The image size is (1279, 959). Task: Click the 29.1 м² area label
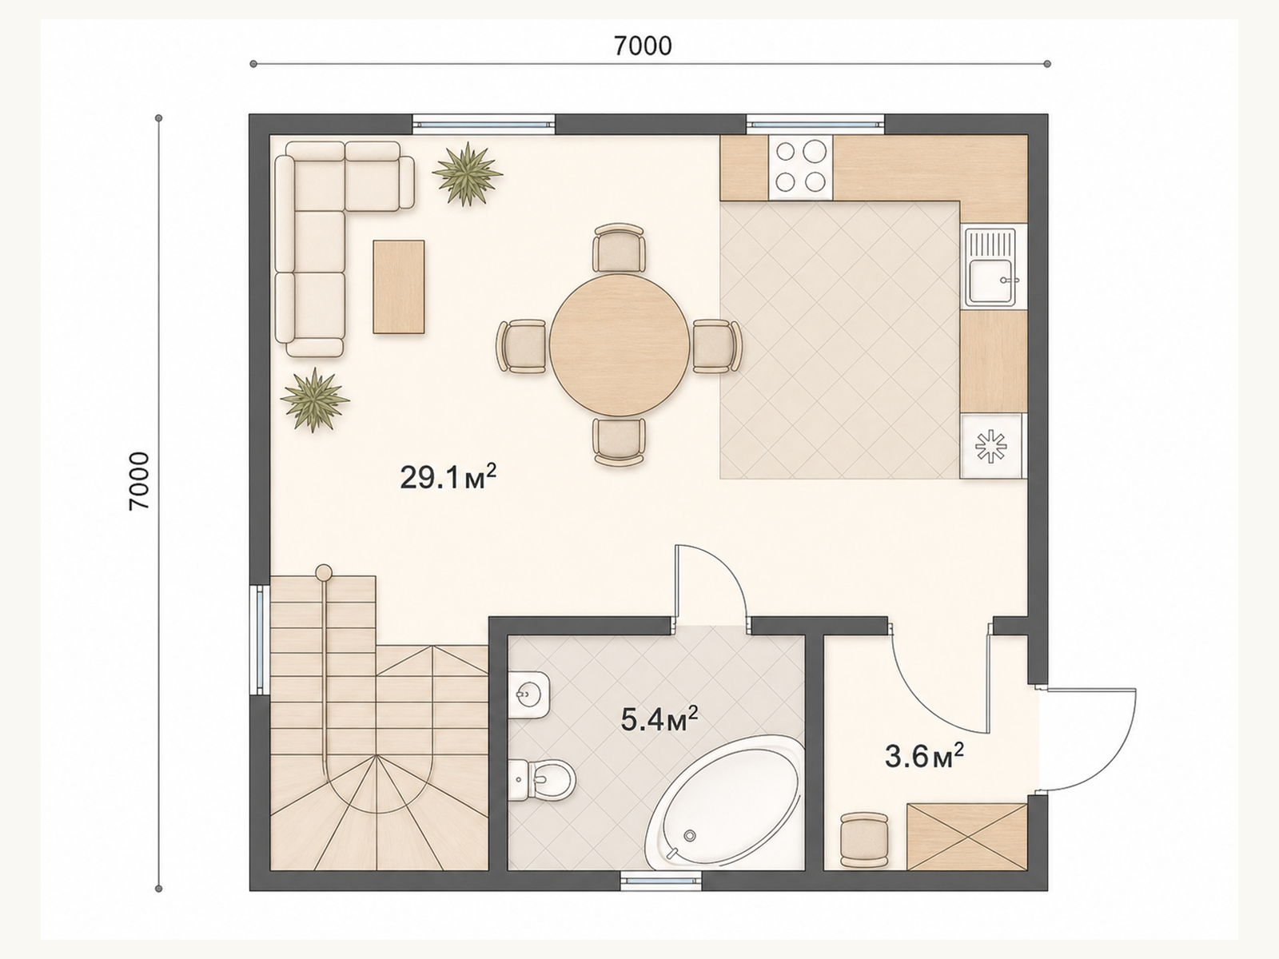click(448, 478)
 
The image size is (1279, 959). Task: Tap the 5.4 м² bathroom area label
click(659, 720)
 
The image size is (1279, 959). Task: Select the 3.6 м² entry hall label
click(924, 757)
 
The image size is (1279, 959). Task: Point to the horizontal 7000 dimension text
click(643, 46)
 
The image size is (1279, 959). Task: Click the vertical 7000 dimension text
click(139, 482)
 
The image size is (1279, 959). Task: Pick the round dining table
click(620, 344)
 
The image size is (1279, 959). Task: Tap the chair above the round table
click(620, 248)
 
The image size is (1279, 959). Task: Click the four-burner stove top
click(801, 167)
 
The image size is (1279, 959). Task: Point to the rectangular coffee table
click(399, 287)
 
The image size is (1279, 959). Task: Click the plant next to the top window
click(468, 174)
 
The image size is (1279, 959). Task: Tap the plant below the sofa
click(315, 400)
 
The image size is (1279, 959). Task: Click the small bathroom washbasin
click(528, 694)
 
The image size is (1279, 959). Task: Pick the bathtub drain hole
click(690, 836)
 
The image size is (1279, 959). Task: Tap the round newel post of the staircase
click(324, 571)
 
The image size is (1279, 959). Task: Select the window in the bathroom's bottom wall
click(661, 881)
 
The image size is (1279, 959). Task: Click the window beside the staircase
click(259, 639)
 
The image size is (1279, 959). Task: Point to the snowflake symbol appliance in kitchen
click(991, 447)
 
